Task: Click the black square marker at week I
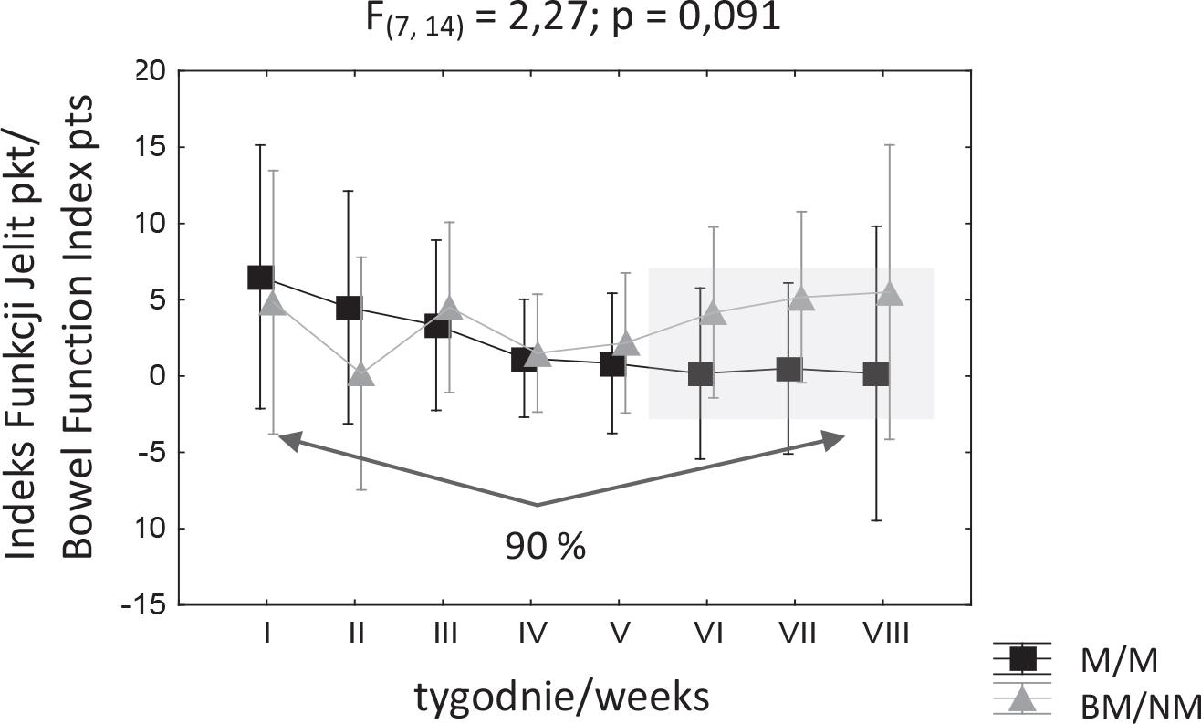260,278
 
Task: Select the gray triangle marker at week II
362,375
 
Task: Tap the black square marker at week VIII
876,373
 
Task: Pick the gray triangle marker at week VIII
890,294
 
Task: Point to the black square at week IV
524,360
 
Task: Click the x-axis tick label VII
798,632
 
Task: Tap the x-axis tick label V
620,632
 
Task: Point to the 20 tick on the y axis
150,71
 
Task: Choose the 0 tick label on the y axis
156,376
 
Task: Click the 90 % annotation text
545,547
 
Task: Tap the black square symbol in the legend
1022,658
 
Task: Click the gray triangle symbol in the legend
1022,699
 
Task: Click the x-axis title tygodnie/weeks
562,698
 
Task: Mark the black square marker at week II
349,308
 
